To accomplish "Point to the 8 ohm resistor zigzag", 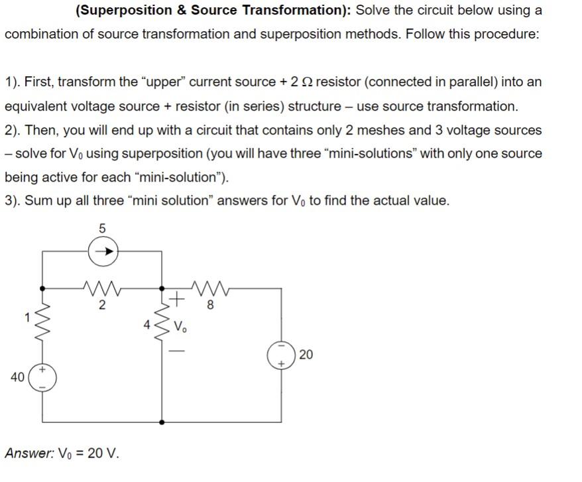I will pos(210,288).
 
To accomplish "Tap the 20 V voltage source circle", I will pos(280,355).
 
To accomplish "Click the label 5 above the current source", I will pos(102,228).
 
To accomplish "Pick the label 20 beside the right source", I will pos(306,355).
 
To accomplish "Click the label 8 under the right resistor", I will pos(210,306).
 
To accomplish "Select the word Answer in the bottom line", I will pos(26,453).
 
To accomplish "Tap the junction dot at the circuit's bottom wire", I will pos(162,422).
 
